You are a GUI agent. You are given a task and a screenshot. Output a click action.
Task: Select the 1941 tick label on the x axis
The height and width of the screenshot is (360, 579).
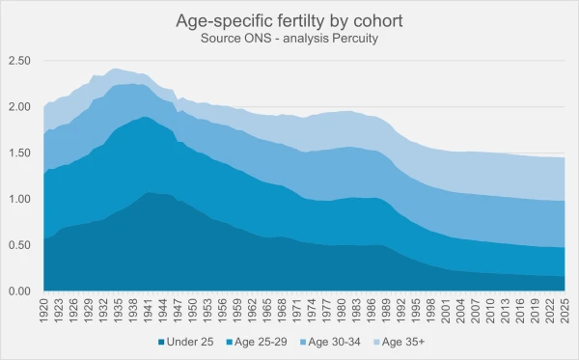(149, 312)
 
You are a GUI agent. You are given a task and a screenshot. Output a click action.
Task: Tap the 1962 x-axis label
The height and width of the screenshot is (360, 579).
(252, 312)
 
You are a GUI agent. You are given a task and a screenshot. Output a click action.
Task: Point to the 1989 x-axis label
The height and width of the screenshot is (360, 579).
(385, 312)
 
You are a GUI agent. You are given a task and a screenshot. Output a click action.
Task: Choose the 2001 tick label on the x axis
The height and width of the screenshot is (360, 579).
(444, 312)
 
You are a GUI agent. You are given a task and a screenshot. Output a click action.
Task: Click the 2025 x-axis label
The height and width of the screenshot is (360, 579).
(562, 312)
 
